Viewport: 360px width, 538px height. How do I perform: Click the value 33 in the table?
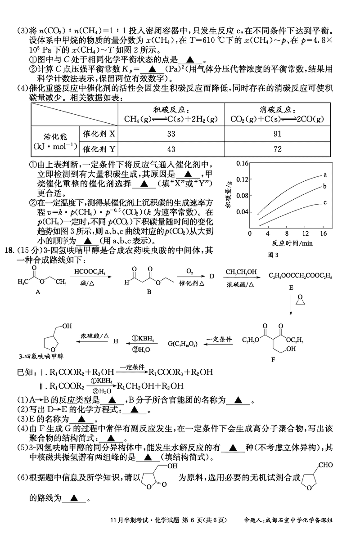[171, 134]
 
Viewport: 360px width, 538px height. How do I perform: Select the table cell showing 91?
[277, 134]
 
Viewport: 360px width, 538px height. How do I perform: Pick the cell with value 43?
[171, 149]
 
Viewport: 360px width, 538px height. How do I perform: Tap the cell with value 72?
[277, 149]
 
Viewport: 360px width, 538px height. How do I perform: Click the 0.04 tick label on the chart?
[242, 212]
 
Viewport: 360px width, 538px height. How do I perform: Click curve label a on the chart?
[324, 175]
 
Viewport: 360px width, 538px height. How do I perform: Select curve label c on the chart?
[324, 203]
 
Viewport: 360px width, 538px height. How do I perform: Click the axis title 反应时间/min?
[286, 243]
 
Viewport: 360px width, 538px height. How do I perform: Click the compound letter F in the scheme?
[273, 359]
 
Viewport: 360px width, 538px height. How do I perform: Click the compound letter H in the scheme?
[116, 341]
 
